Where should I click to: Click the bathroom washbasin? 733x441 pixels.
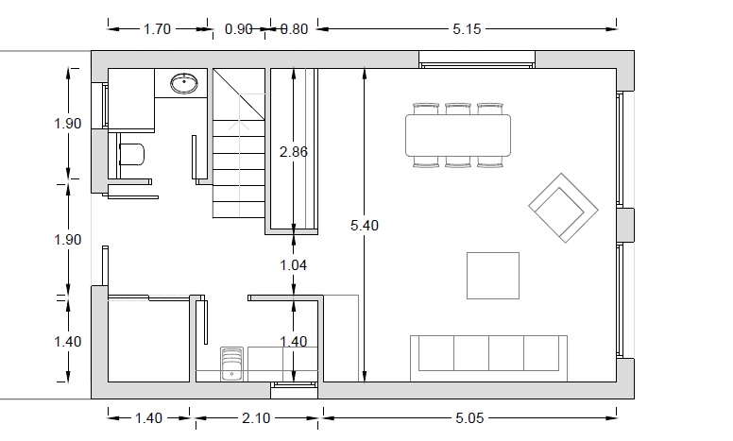184,84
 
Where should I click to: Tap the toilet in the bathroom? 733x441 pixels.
131,154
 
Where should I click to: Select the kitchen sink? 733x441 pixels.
231,365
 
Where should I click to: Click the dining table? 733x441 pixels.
458,135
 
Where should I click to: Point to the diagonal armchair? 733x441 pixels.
563,208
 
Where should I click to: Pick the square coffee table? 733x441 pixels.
493,276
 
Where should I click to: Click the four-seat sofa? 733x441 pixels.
489,358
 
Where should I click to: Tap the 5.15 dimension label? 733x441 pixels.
467,29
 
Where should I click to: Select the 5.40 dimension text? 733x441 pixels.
365,225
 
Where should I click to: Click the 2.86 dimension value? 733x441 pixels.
294,152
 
